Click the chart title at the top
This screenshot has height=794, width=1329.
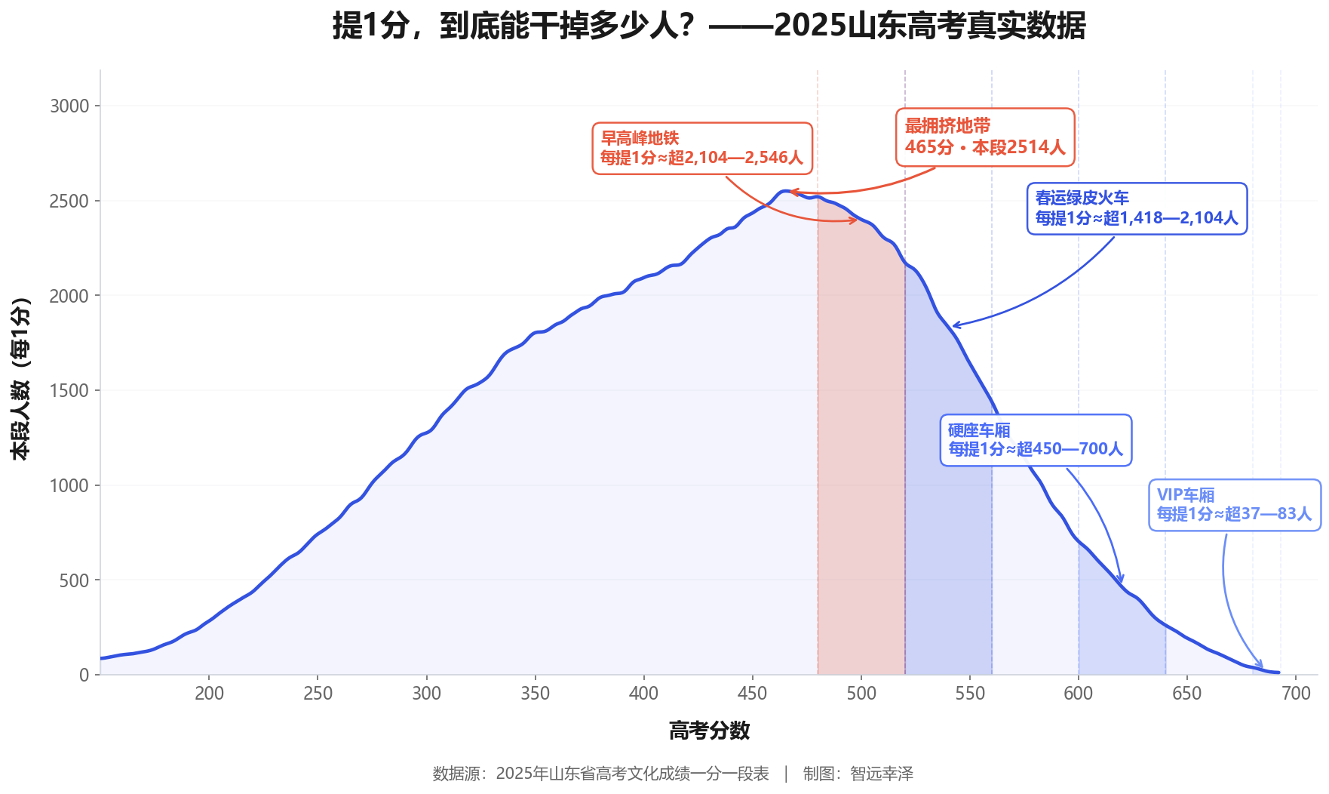709,26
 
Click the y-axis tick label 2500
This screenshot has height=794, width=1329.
69,202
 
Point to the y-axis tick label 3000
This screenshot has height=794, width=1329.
69,106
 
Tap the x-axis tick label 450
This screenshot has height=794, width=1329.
752,694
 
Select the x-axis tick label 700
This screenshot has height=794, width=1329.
1296,694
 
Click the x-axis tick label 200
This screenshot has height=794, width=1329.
209,694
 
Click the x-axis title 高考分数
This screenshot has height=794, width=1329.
709,731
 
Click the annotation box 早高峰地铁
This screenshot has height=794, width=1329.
701,149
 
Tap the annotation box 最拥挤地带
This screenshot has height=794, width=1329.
984,137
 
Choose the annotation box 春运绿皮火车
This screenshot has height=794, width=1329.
1137,208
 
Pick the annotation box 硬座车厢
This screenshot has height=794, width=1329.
1036,440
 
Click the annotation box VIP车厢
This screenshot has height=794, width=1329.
1234,505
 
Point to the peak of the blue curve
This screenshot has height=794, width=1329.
786,192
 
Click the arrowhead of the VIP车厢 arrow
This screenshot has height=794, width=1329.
1261,666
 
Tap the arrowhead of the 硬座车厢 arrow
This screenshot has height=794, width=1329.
1122,581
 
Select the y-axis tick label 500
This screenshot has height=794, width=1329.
74,580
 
